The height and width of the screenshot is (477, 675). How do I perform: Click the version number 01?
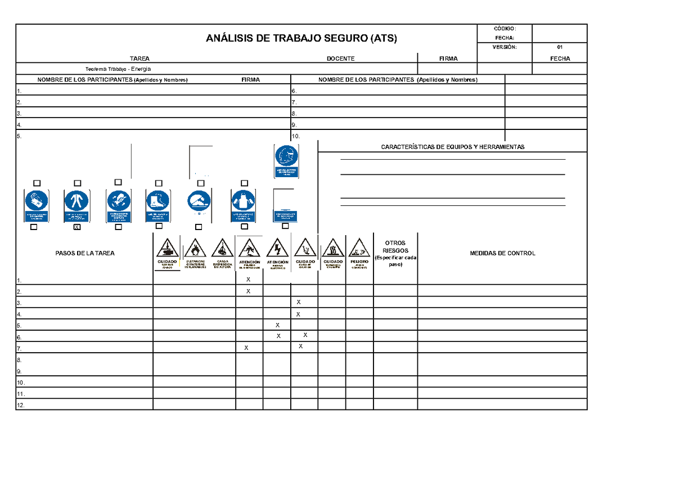coord(560,47)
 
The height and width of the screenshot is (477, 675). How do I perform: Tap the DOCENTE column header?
coord(341,58)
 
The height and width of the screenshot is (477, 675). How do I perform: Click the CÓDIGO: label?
coord(505,29)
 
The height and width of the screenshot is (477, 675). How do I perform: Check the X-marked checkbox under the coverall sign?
coord(77,227)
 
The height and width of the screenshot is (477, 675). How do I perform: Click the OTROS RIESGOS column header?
coord(395,254)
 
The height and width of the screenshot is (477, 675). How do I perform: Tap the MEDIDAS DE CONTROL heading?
coord(502,253)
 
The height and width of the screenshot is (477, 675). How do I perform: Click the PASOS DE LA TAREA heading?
coord(85,253)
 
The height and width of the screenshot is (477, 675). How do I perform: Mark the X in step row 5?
coord(277,325)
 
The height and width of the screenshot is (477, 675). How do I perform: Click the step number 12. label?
coord(21,405)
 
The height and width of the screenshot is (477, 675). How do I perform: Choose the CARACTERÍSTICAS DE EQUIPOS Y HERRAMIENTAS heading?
coord(452,147)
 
